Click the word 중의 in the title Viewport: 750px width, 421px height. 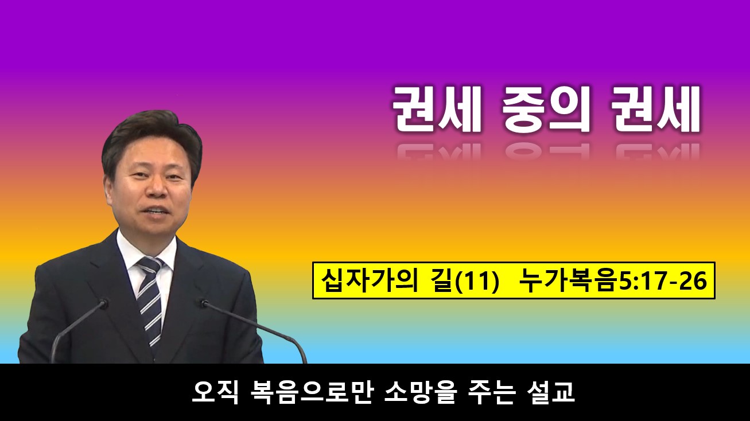click(545, 110)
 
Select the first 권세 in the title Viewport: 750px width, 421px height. click(437, 110)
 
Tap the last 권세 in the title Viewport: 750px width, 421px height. click(657, 110)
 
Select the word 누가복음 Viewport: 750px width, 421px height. click(568, 281)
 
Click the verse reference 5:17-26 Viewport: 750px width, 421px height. click(662, 281)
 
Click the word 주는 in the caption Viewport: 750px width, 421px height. click(491, 392)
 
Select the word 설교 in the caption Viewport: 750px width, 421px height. click(551, 392)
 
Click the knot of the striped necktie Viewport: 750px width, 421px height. click(150, 266)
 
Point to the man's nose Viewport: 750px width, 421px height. click(156, 189)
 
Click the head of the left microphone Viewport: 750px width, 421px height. click(103, 303)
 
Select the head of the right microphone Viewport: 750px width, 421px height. click(203, 303)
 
